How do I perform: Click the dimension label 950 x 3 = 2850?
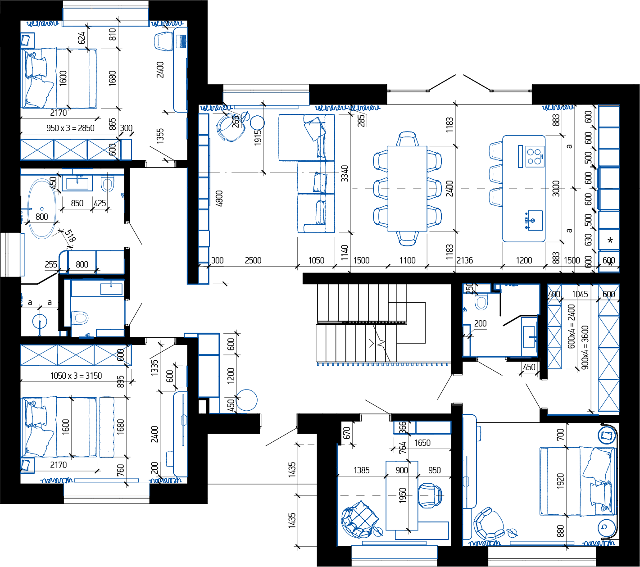point(70,128)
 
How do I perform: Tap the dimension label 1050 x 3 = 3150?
point(76,376)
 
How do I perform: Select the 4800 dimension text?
point(219,198)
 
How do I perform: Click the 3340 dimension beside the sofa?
point(345,173)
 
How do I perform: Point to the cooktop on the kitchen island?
point(535,156)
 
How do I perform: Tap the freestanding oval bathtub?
point(42,209)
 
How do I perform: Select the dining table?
point(407,189)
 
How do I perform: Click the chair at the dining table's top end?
point(407,139)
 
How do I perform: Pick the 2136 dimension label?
point(464,260)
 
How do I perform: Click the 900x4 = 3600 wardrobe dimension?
point(585,347)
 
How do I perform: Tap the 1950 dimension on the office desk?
point(402,495)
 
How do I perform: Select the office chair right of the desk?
point(430,495)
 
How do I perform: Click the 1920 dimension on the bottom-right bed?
point(560,481)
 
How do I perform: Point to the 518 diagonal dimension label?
point(70,236)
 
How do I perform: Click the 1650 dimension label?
point(422,443)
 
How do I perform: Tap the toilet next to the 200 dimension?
point(481,302)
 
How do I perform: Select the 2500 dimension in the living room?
point(253,260)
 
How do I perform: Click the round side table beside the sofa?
point(257,123)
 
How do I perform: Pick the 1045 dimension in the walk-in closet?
point(580,294)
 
